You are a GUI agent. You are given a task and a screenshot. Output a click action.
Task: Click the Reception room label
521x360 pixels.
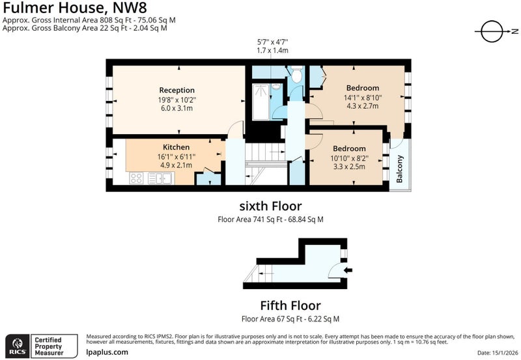(176, 90)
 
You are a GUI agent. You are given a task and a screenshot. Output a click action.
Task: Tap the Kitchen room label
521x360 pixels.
(176, 147)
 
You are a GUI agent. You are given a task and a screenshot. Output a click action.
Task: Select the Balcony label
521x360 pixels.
(399, 169)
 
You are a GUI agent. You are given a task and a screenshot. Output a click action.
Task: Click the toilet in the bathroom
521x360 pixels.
(296, 74)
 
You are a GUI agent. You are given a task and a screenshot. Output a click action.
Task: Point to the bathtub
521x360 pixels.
(261, 102)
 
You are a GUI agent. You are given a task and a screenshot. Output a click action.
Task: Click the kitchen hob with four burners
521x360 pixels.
(136, 178)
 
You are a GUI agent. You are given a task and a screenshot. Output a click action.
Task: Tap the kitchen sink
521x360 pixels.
(160, 178)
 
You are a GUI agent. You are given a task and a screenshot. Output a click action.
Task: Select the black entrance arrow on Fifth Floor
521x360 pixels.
(348, 270)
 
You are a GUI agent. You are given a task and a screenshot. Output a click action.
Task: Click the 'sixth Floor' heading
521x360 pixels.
(270, 206)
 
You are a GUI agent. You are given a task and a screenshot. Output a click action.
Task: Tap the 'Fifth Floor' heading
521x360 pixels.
(290, 305)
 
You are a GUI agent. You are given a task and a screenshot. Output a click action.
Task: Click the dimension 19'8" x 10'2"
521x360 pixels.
(177, 100)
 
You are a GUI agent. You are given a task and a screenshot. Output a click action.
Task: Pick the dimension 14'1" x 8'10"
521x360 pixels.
(363, 98)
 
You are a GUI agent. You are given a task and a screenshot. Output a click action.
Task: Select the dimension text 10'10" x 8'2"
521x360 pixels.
(349, 158)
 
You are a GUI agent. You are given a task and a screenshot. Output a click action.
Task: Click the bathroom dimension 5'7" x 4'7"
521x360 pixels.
(272, 42)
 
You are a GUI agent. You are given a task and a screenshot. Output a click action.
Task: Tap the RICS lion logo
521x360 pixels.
(18, 346)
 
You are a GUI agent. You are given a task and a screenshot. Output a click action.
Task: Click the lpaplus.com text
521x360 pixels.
(107, 352)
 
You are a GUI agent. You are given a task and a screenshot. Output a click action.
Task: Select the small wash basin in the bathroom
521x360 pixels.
(275, 87)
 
